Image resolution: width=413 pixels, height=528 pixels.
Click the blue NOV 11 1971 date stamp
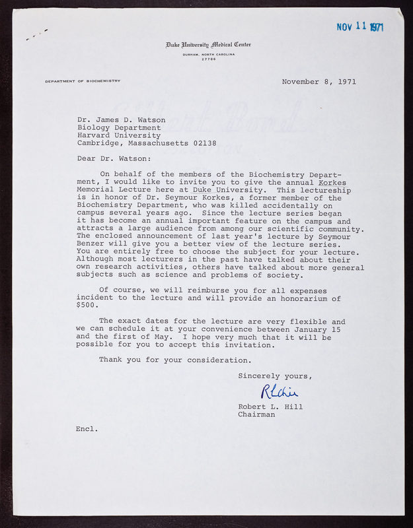[x=359, y=26]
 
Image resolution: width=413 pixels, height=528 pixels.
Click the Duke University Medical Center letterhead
[x=209, y=45]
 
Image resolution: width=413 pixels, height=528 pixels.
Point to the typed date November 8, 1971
[x=319, y=82]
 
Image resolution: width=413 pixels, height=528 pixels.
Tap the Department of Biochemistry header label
[x=83, y=81]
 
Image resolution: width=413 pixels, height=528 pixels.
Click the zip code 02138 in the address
[x=203, y=143]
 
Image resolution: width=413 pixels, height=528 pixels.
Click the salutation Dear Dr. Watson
[x=114, y=158]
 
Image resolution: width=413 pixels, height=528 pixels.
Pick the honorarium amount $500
[x=87, y=306]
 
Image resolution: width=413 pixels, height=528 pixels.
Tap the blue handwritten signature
[x=280, y=392]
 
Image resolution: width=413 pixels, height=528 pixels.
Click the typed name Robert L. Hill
[x=270, y=407]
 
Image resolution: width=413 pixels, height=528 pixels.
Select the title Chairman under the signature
[x=256, y=414]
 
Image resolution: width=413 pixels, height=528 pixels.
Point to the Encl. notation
[x=87, y=429]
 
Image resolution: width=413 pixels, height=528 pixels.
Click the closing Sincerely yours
[x=274, y=376]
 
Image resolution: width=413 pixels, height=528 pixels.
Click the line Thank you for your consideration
[x=175, y=360]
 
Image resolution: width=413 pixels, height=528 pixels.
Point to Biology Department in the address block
[x=119, y=127]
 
